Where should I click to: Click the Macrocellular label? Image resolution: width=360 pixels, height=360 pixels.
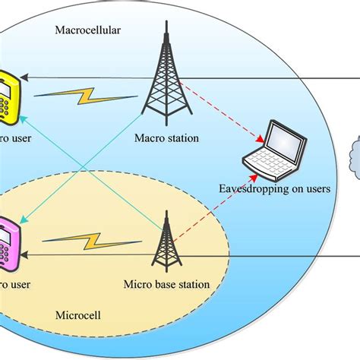pos(88,32)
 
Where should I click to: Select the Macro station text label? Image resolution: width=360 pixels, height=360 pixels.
pos(166,138)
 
